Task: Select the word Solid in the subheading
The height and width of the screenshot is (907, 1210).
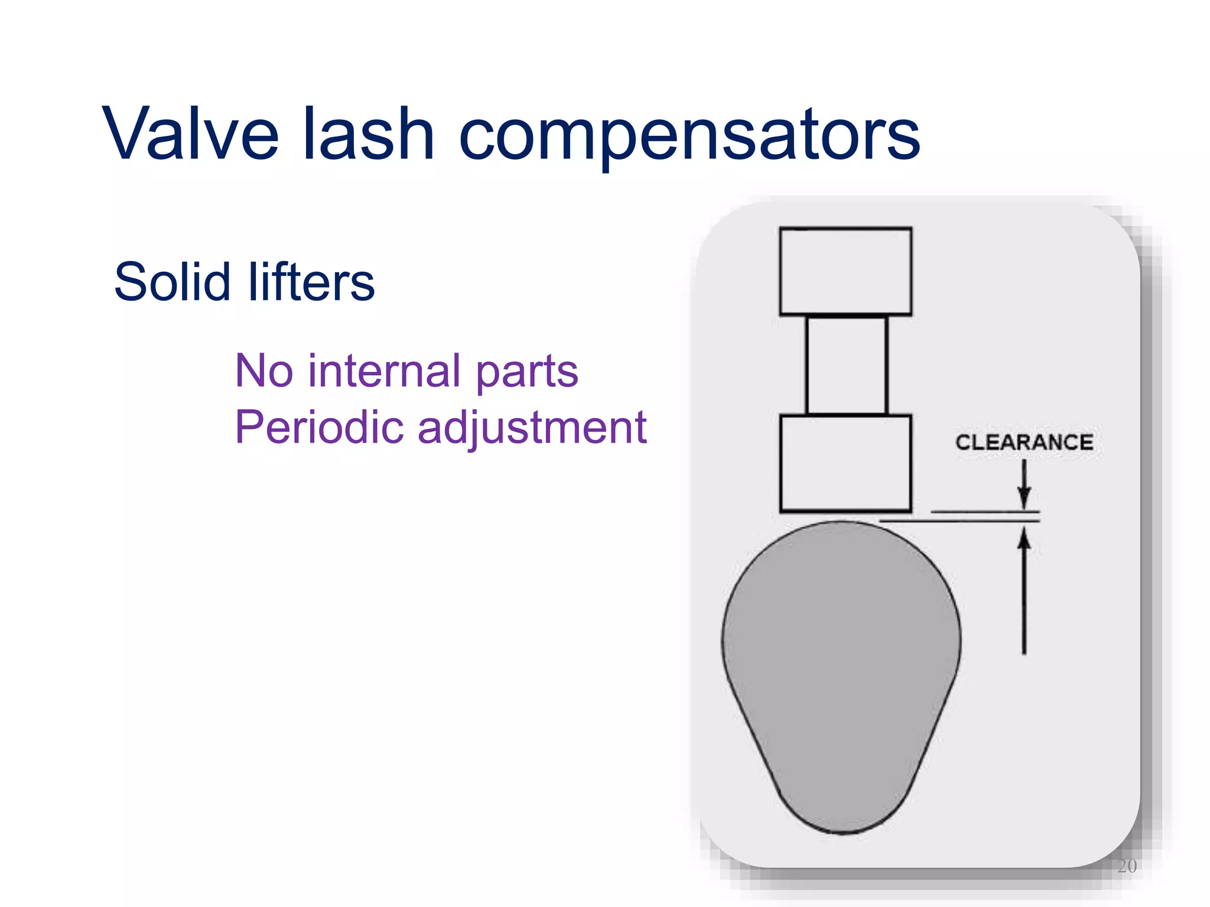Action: pos(171,282)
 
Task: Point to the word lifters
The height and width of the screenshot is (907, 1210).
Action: pos(311,282)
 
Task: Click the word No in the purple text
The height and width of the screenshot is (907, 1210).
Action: pos(264,371)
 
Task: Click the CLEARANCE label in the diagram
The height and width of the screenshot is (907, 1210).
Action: pos(1024,442)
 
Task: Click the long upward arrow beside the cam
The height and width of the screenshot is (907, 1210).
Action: pos(1024,590)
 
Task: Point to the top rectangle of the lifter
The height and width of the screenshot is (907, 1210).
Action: pos(845,271)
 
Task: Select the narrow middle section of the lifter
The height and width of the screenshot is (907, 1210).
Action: pos(847,366)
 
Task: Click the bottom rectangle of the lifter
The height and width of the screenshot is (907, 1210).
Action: pos(845,464)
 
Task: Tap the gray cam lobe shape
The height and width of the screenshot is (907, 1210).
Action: pos(841,661)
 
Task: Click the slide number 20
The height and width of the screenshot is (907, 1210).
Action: pos(1127,866)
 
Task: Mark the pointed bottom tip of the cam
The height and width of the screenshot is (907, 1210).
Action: pos(843,830)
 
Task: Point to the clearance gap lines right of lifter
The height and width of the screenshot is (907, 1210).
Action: pos(984,516)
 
